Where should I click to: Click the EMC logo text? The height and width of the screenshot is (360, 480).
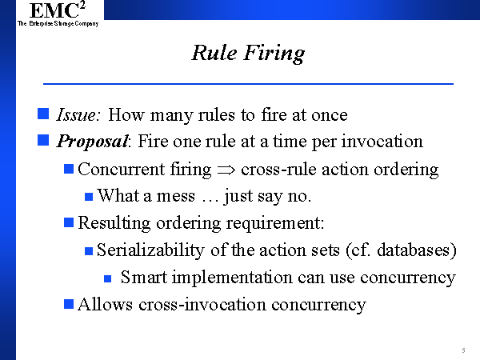(58, 10)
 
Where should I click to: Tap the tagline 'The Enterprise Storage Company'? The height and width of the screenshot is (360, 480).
(58, 23)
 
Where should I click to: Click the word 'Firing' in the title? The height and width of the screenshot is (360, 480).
(274, 54)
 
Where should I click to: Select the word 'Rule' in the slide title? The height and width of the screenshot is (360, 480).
(214, 53)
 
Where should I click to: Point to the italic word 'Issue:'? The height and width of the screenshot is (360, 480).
(78, 114)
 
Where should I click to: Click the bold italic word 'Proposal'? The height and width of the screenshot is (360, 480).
(93, 142)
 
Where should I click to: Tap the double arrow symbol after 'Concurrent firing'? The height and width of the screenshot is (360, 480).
(226, 170)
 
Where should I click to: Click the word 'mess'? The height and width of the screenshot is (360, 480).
(175, 196)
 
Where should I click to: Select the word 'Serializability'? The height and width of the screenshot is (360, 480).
(150, 250)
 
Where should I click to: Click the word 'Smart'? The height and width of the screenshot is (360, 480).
(144, 277)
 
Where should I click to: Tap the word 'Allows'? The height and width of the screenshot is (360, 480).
(105, 304)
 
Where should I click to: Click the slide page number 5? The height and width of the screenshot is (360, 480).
(463, 350)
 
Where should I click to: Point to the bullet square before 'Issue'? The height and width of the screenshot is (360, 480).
(43, 114)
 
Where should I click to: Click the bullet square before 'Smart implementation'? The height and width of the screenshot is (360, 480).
(107, 278)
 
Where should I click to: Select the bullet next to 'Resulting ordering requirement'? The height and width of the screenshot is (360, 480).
(69, 222)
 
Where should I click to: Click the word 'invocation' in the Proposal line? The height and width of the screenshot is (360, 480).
(382, 142)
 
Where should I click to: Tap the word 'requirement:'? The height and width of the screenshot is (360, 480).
(275, 223)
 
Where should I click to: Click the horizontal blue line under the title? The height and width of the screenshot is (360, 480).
(248, 83)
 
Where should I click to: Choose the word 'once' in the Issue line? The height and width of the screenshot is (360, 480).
(330, 116)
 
